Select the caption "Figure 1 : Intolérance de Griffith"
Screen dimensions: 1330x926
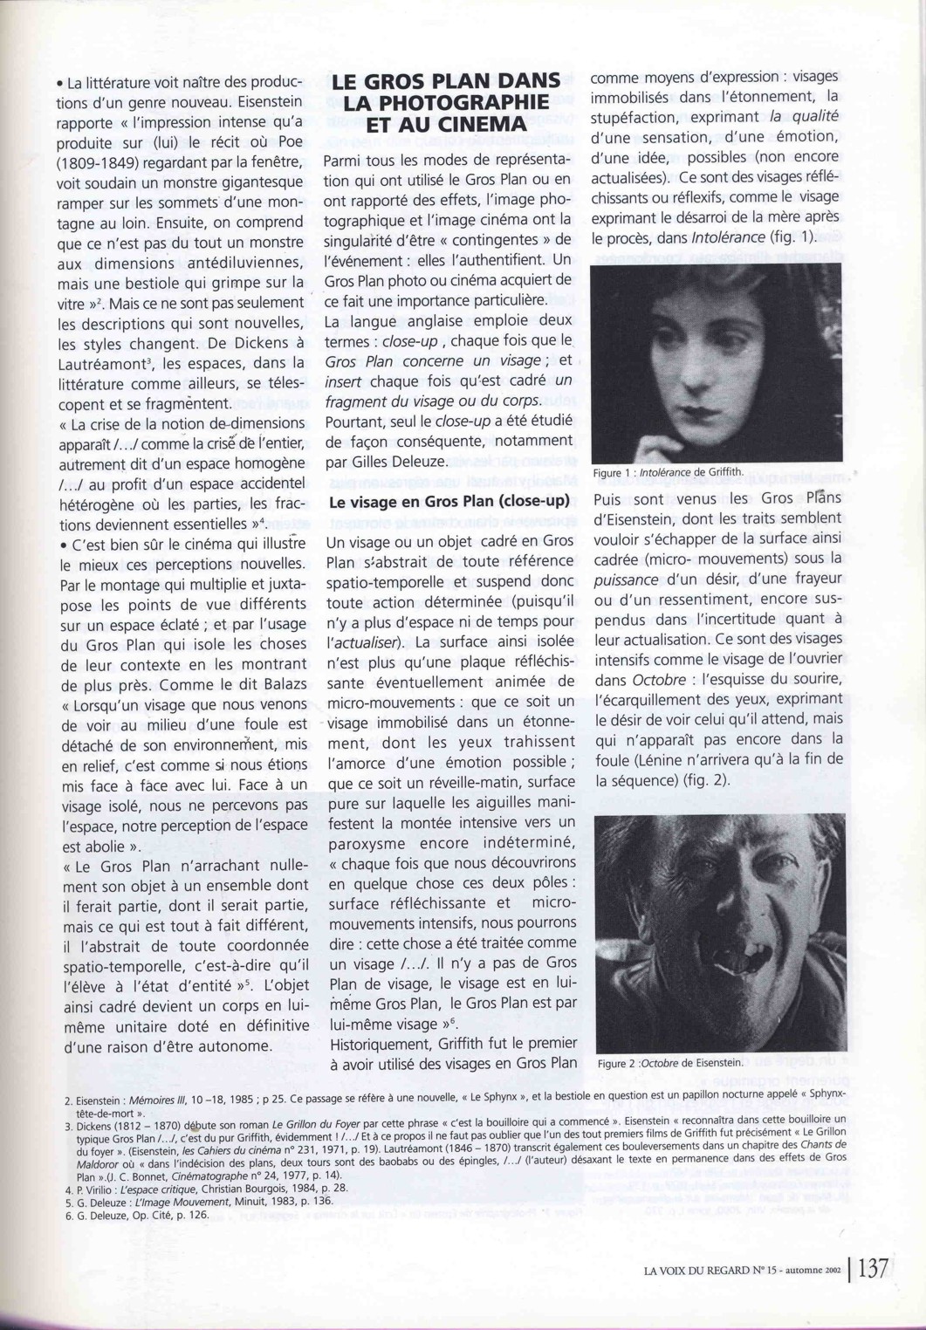(668, 473)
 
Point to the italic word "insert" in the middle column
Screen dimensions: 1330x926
(343, 381)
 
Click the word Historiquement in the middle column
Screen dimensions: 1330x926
(376, 1043)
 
